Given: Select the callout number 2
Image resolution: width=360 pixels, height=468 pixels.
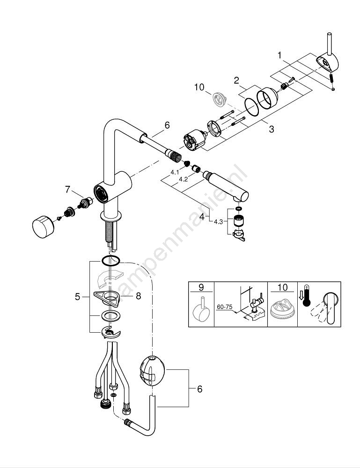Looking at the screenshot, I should pyautogui.click(x=237, y=80).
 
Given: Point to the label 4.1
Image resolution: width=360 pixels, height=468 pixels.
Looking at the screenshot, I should pyautogui.click(x=175, y=172).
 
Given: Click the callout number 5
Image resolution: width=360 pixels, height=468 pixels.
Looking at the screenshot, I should pyautogui.click(x=78, y=296).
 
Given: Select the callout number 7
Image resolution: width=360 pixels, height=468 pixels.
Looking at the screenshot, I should pyautogui.click(x=68, y=189).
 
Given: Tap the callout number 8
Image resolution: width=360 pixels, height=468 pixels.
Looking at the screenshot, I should pyautogui.click(x=139, y=296).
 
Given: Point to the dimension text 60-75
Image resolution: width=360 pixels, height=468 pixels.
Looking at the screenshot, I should pyautogui.click(x=224, y=307).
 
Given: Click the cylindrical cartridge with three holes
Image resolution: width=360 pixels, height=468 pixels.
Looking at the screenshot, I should pyautogui.click(x=194, y=141).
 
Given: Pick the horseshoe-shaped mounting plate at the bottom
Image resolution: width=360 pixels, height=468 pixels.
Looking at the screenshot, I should pyautogui.click(x=111, y=333).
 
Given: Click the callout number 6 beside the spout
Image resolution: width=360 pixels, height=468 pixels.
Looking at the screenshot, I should pyautogui.click(x=167, y=125).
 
